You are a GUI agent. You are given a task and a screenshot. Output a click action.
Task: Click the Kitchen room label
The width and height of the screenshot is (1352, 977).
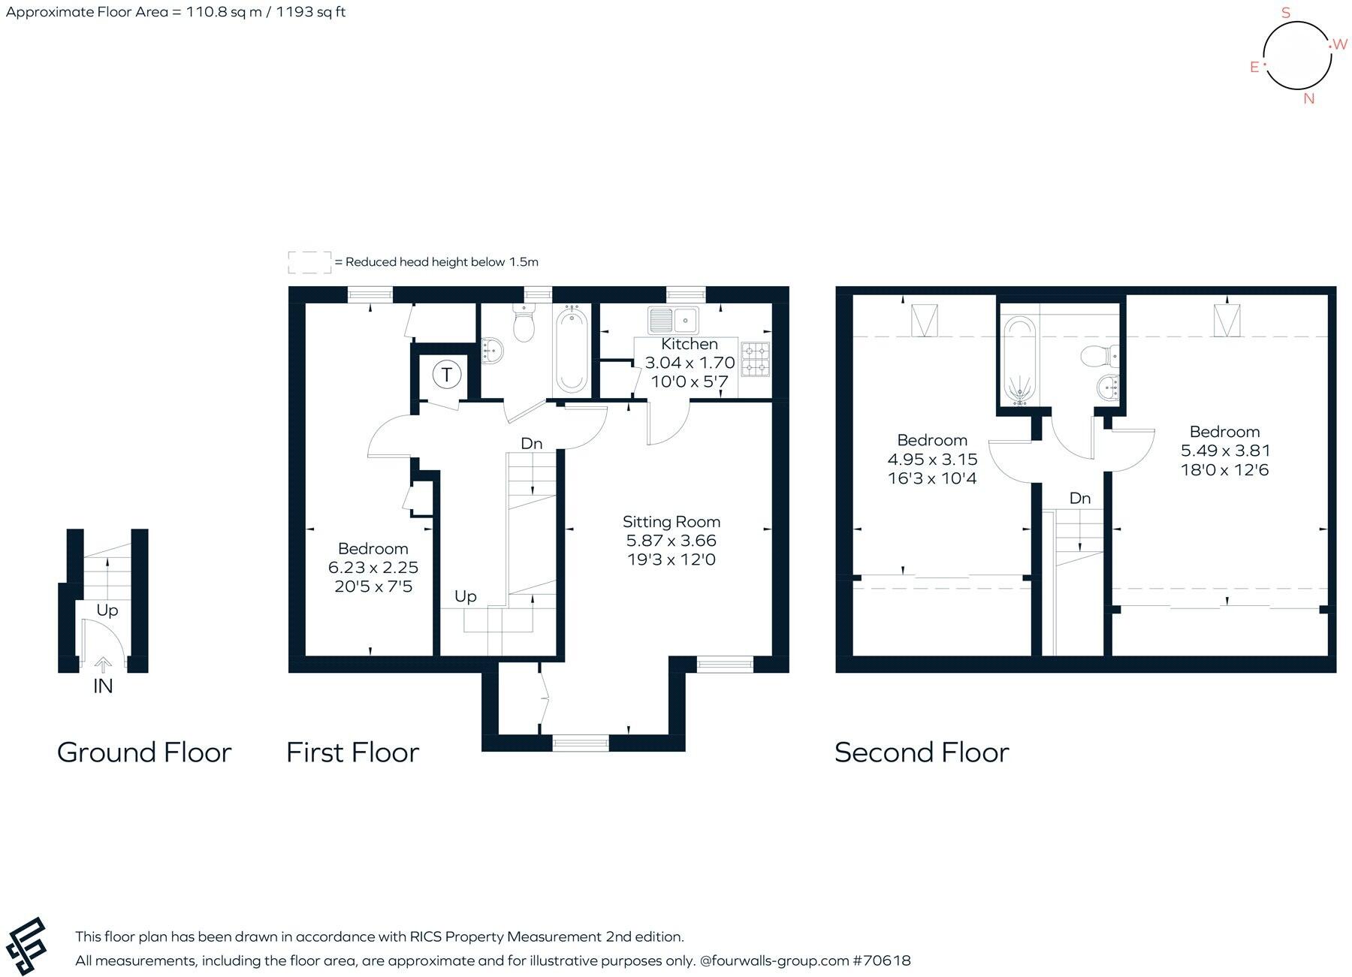[690, 344]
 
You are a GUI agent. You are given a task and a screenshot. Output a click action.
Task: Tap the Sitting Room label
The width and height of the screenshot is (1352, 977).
[671, 521]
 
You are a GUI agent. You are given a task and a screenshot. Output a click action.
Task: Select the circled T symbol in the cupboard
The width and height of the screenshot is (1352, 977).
[446, 374]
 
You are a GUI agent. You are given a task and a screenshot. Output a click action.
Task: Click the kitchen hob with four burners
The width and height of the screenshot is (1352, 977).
[755, 359]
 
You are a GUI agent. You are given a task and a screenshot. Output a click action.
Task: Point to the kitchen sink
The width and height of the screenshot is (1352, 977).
[674, 321]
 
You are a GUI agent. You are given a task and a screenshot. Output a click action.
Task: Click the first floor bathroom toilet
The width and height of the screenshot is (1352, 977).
[523, 325]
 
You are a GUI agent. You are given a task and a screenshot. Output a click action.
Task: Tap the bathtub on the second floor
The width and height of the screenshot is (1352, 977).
[1019, 361]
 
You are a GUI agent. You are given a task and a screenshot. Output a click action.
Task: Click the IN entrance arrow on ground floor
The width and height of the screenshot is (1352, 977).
[103, 665]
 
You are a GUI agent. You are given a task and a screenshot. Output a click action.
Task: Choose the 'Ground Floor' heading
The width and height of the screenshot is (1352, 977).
[144, 752]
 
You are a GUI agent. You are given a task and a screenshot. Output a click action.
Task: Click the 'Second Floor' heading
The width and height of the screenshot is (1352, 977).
[922, 752]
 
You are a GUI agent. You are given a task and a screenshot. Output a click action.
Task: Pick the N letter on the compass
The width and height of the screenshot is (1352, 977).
[1309, 98]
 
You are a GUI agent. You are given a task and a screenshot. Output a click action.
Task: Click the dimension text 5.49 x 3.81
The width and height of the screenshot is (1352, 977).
[1224, 451]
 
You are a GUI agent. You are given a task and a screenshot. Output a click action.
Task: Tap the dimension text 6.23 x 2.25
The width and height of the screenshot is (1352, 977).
[373, 567]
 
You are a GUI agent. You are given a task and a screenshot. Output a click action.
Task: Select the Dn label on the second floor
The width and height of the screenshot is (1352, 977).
[1079, 498]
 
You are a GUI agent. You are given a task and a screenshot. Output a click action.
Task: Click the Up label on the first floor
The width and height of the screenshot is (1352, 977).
[465, 596]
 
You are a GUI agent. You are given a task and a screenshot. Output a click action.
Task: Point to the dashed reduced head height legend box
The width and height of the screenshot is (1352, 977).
[309, 262]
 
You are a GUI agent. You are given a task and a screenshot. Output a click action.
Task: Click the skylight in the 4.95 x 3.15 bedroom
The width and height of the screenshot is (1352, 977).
[923, 321]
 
